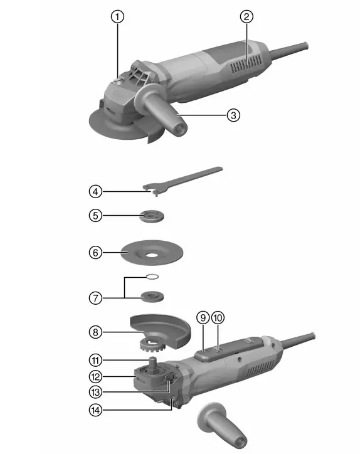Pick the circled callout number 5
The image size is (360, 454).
(95, 215)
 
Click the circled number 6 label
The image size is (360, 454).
(95, 253)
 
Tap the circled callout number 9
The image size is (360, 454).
(203, 317)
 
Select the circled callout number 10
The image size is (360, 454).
(218, 317)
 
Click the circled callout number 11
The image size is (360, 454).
(95, 360)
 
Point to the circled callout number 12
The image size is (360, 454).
(95, 377)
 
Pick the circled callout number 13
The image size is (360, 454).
(95, 392)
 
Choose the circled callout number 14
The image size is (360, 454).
(95, 411)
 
